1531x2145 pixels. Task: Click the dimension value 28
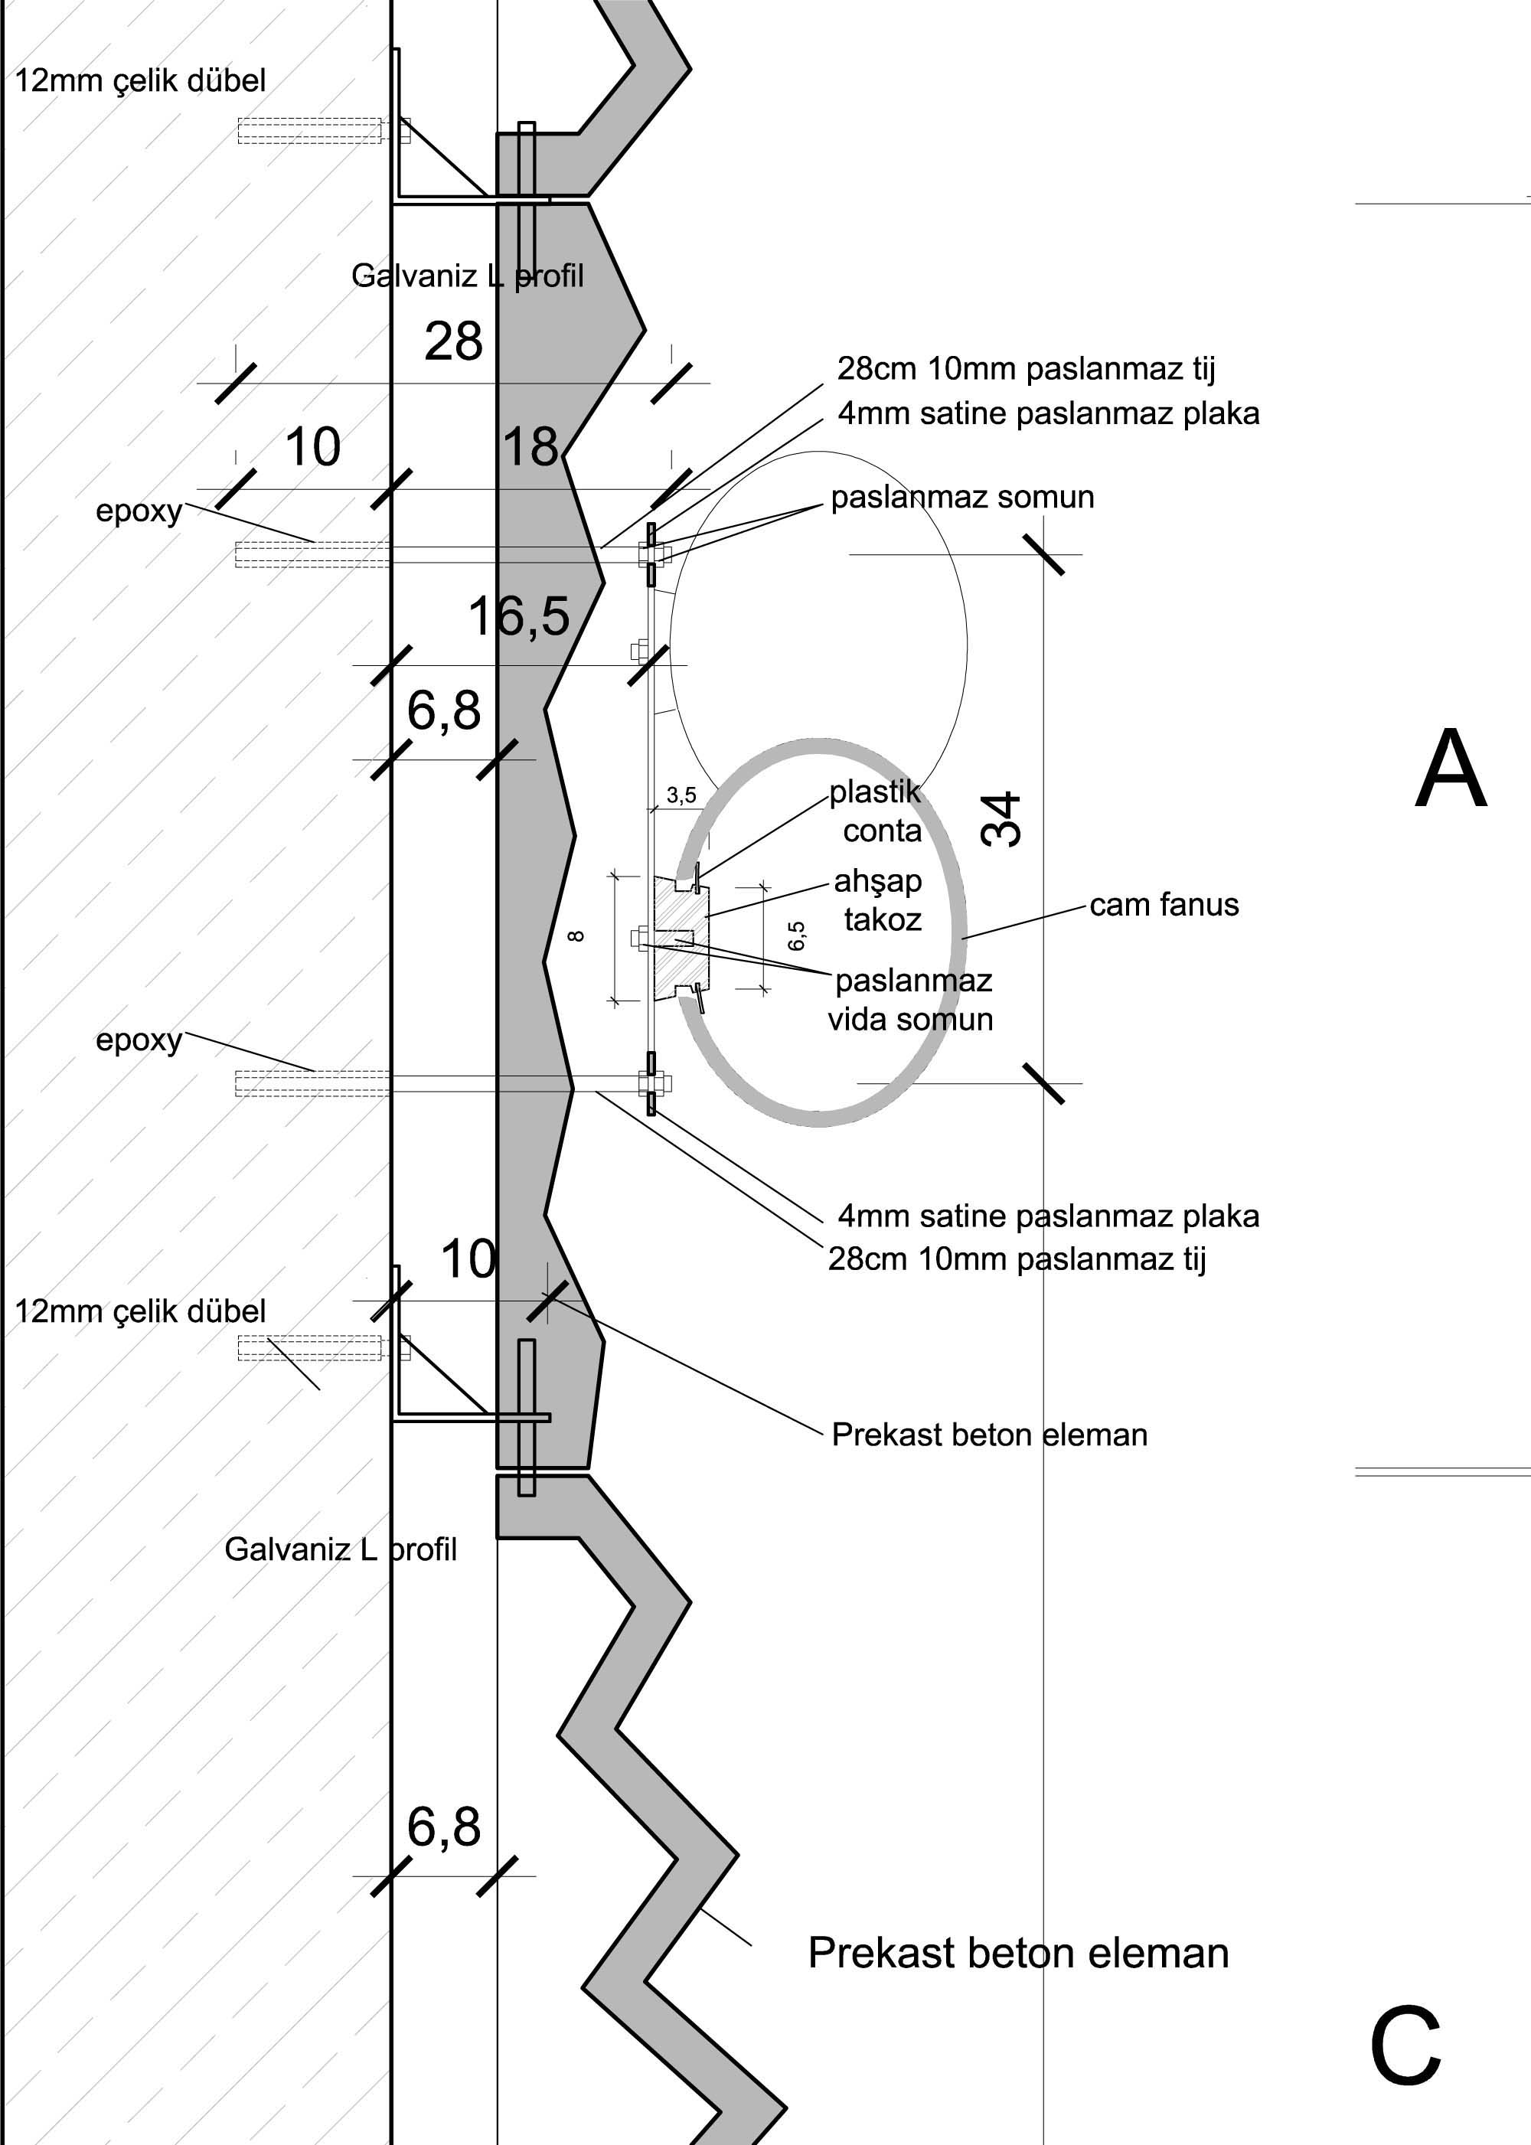[x=453, y=341]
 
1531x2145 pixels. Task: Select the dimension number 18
[x=530, y=447]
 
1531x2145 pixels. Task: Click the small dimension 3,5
[x=681, y=795]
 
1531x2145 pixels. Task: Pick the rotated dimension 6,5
[x=797, y=935]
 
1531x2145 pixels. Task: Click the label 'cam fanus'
[x=1164, y=905]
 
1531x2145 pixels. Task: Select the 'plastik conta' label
[x=876, y=811]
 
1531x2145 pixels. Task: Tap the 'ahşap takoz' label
[x=879, y=899]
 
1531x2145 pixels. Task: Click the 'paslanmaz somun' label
[x=961, y=497]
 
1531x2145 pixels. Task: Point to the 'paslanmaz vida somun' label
[x=912, y=1000]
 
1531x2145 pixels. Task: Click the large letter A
[x=1450, y=769]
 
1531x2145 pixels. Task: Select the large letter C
[x=1405, y=2048]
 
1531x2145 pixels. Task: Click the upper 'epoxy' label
[x=139, y=511]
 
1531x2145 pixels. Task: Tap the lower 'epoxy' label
[x=139, y=1040]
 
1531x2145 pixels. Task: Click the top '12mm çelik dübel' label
[x=140, y=81]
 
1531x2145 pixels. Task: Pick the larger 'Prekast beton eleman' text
[x=1018, y=1953]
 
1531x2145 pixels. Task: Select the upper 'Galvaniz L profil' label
[x=468, y=276]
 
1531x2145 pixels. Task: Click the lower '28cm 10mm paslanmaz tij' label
[x=1017, y=1259]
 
